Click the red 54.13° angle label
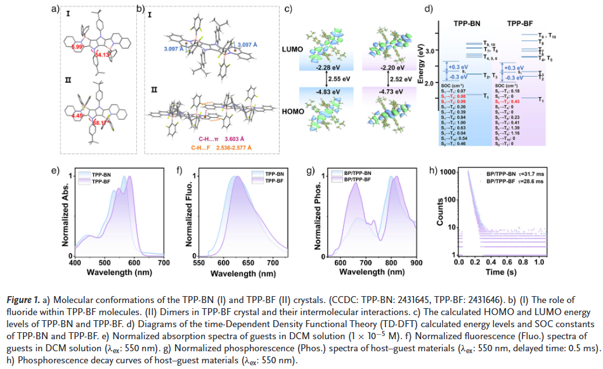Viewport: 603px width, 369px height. coord(102,55)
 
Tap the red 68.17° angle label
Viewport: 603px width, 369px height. coord(100,122)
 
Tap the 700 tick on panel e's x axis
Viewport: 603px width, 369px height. coord(162,262)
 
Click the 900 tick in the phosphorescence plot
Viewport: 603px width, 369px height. coord(416,262)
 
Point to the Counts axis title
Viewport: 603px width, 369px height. coord(439,213)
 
